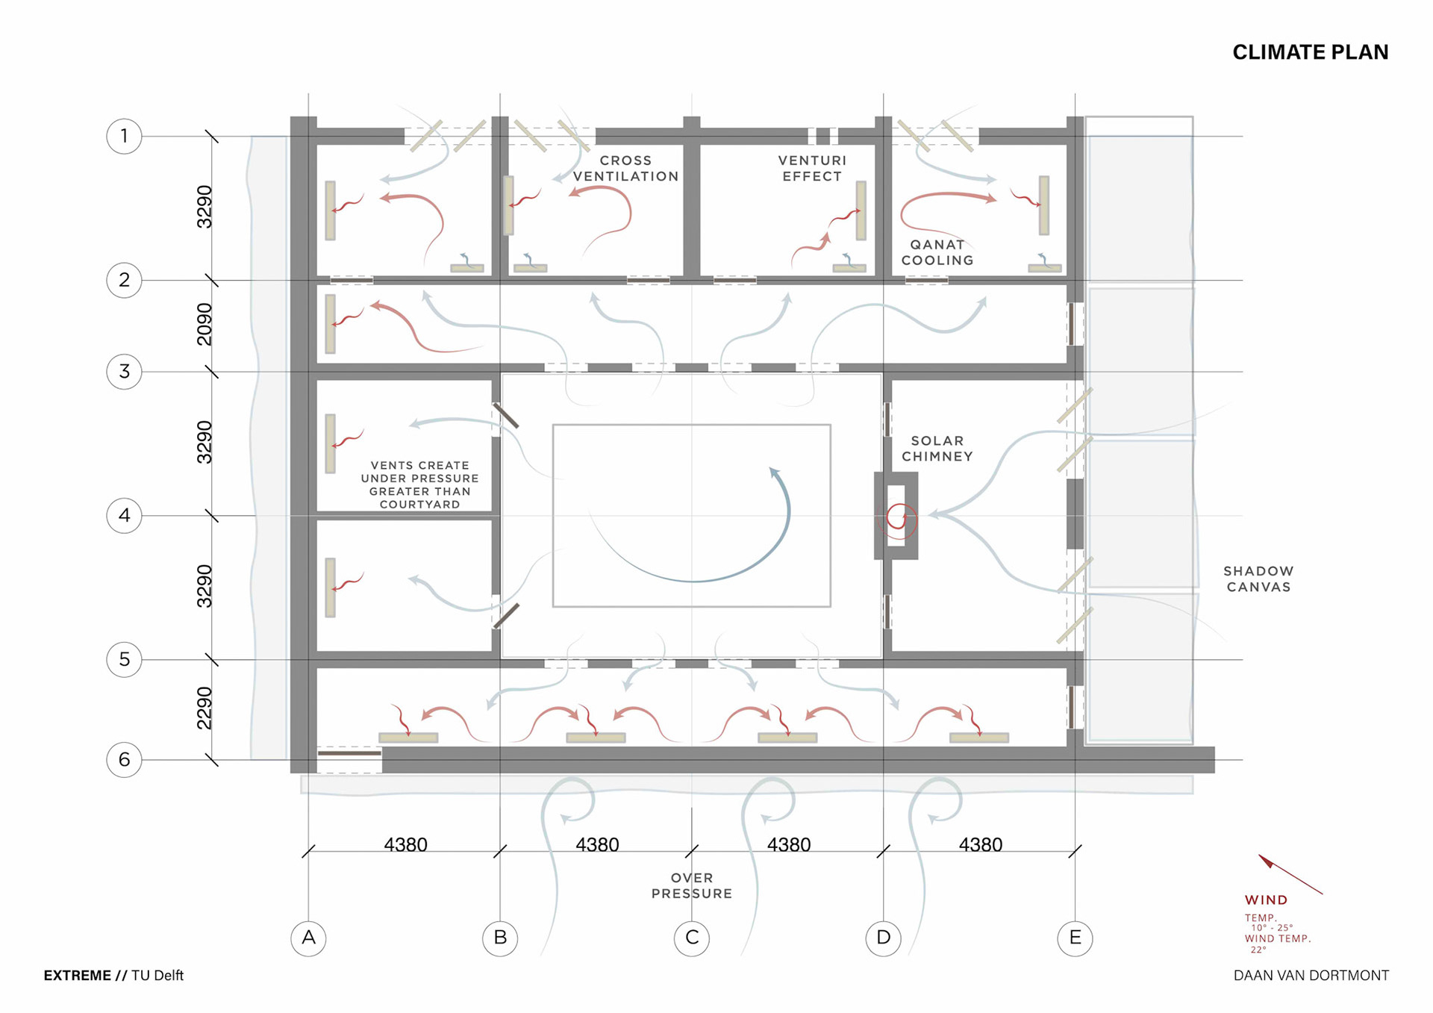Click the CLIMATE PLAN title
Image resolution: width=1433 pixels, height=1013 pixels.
point(1310,52)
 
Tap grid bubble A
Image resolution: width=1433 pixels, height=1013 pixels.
point(308,938)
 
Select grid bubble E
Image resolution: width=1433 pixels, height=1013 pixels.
point(1075,938)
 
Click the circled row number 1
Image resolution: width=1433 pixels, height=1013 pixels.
point(124,136)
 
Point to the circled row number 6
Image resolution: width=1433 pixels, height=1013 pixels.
point(124,759)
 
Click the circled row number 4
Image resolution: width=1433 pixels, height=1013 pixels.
point(124,515)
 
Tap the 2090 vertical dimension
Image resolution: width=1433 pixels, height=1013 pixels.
point(204,324)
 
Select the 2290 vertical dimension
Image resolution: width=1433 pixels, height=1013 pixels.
point(204,708)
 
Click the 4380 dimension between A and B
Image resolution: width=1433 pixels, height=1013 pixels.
point(405,844)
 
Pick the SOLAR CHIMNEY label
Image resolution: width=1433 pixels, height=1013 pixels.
point(937,449)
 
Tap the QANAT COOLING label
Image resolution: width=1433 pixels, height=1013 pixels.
point(937,252)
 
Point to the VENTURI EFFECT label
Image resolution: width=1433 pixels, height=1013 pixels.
point(812,169)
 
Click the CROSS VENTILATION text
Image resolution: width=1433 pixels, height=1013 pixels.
point(625,169)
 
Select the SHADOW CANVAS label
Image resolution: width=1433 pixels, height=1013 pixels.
point(1258,579)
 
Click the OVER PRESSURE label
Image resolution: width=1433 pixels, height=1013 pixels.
point(692,885)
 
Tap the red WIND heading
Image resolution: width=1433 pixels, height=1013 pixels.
point(1266,900)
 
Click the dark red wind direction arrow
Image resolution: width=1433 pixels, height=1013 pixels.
point(1290,874)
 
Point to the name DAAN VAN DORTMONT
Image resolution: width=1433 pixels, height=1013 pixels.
point(1311,976)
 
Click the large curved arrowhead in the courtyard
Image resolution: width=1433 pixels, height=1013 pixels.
point(775,473)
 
